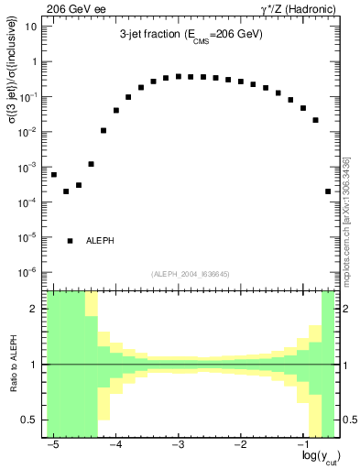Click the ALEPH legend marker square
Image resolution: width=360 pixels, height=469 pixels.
pos(71,241)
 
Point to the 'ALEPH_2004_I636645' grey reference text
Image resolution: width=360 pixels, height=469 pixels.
pos(191,273)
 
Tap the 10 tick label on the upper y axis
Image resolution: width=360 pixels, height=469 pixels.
pos(31,27)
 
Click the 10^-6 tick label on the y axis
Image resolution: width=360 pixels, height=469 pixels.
pos(28,272)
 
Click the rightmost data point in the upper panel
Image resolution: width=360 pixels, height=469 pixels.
pos(328,191)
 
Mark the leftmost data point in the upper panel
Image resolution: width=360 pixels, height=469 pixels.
pos(54,174)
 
